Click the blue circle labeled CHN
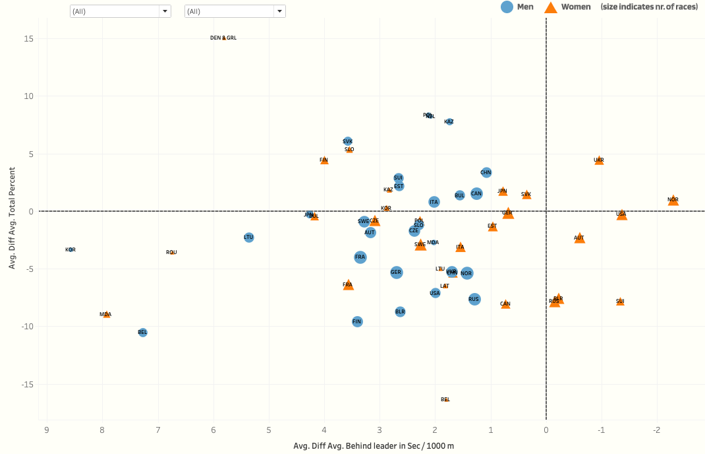pos(486,172)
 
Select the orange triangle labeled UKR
pos(599,160)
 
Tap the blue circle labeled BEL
pos(142,333)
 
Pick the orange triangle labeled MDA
pos(106,315)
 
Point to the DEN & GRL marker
pos(224,38)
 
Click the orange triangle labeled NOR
pos(673,200)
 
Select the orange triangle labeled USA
pos(621,214)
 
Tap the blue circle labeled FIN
pos(357,322)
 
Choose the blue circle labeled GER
pos(396,272)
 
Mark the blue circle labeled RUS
pos(474,300)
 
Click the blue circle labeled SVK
pos(348,141)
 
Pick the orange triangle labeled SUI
pos(620,302)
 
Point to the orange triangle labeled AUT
pos(579,238)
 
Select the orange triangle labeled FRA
pos(348,285)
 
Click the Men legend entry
pos(517,7)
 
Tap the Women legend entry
pos(567,7)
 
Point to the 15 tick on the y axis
pos(30,38)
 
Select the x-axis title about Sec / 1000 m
pos(374,446)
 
